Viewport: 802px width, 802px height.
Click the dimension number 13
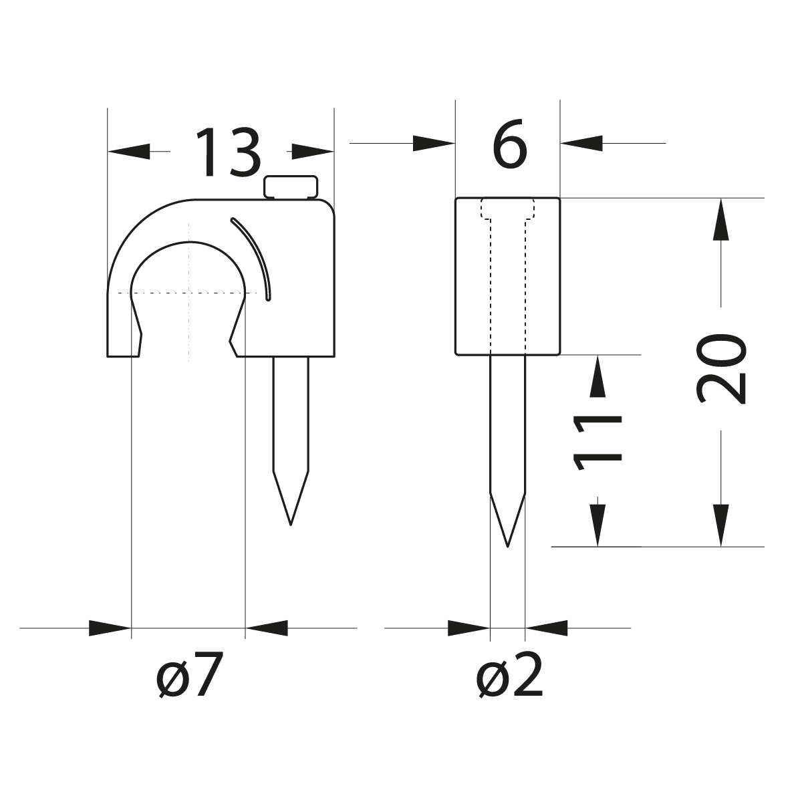(228, 153)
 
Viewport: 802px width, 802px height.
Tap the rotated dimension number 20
(720, 370)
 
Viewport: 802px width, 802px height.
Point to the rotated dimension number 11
(597, 442)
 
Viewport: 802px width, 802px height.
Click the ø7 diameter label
(188, 675)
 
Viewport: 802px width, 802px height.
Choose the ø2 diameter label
(509, 675)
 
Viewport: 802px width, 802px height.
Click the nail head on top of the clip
(291, 187)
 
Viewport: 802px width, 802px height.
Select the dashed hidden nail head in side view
(508, 209)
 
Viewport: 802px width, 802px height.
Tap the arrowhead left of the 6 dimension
(434, 143)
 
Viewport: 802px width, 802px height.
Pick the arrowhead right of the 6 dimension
(581, 143)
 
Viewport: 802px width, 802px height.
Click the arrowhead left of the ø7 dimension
(110, 628)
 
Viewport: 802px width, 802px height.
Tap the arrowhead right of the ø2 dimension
(547, 628)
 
